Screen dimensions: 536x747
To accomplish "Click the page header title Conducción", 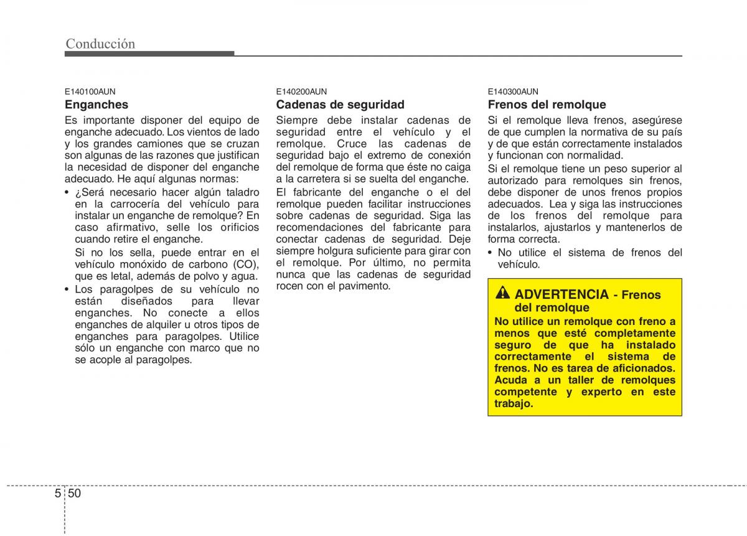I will coord(100,43).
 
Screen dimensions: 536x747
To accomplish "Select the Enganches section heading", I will coord(96,105).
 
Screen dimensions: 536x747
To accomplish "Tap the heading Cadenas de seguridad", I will coord(340,105).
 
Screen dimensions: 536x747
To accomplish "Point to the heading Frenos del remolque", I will coord(547,105).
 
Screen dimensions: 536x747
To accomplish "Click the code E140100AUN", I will coord(90,91).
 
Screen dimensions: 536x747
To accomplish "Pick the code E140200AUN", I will coord(301,91).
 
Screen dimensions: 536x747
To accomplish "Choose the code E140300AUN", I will coord(513,91).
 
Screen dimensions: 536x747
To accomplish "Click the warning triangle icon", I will coord(502,294).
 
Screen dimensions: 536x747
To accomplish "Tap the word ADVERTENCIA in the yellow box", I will coord(561,294).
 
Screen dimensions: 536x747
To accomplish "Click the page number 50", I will coord(75,493).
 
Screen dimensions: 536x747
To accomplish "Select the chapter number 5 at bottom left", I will coord(58,493).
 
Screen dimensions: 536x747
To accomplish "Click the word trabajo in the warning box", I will coord(512,403).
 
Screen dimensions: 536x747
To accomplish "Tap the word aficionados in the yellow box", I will coord(643,369).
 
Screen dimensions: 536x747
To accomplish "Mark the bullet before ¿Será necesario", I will coord(67,192).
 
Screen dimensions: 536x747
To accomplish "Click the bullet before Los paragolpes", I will coord(67,289).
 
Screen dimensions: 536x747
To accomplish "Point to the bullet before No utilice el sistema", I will coord(491,253).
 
